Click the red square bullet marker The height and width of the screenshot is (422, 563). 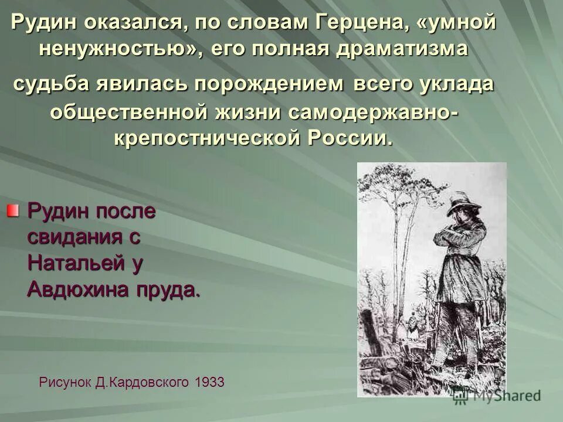(x=13, y=210)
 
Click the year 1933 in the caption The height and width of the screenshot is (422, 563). (x=209, y=382)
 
